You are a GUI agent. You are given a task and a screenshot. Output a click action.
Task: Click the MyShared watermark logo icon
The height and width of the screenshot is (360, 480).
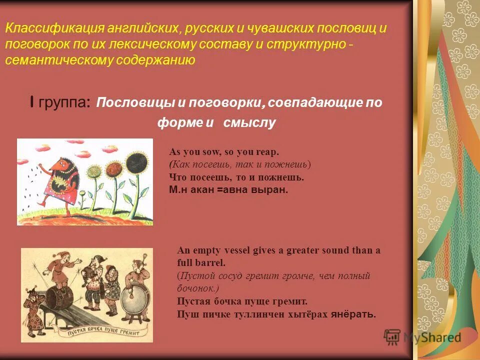pos(392,337)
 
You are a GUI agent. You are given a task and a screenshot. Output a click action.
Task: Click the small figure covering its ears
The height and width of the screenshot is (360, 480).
pos(33,302)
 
